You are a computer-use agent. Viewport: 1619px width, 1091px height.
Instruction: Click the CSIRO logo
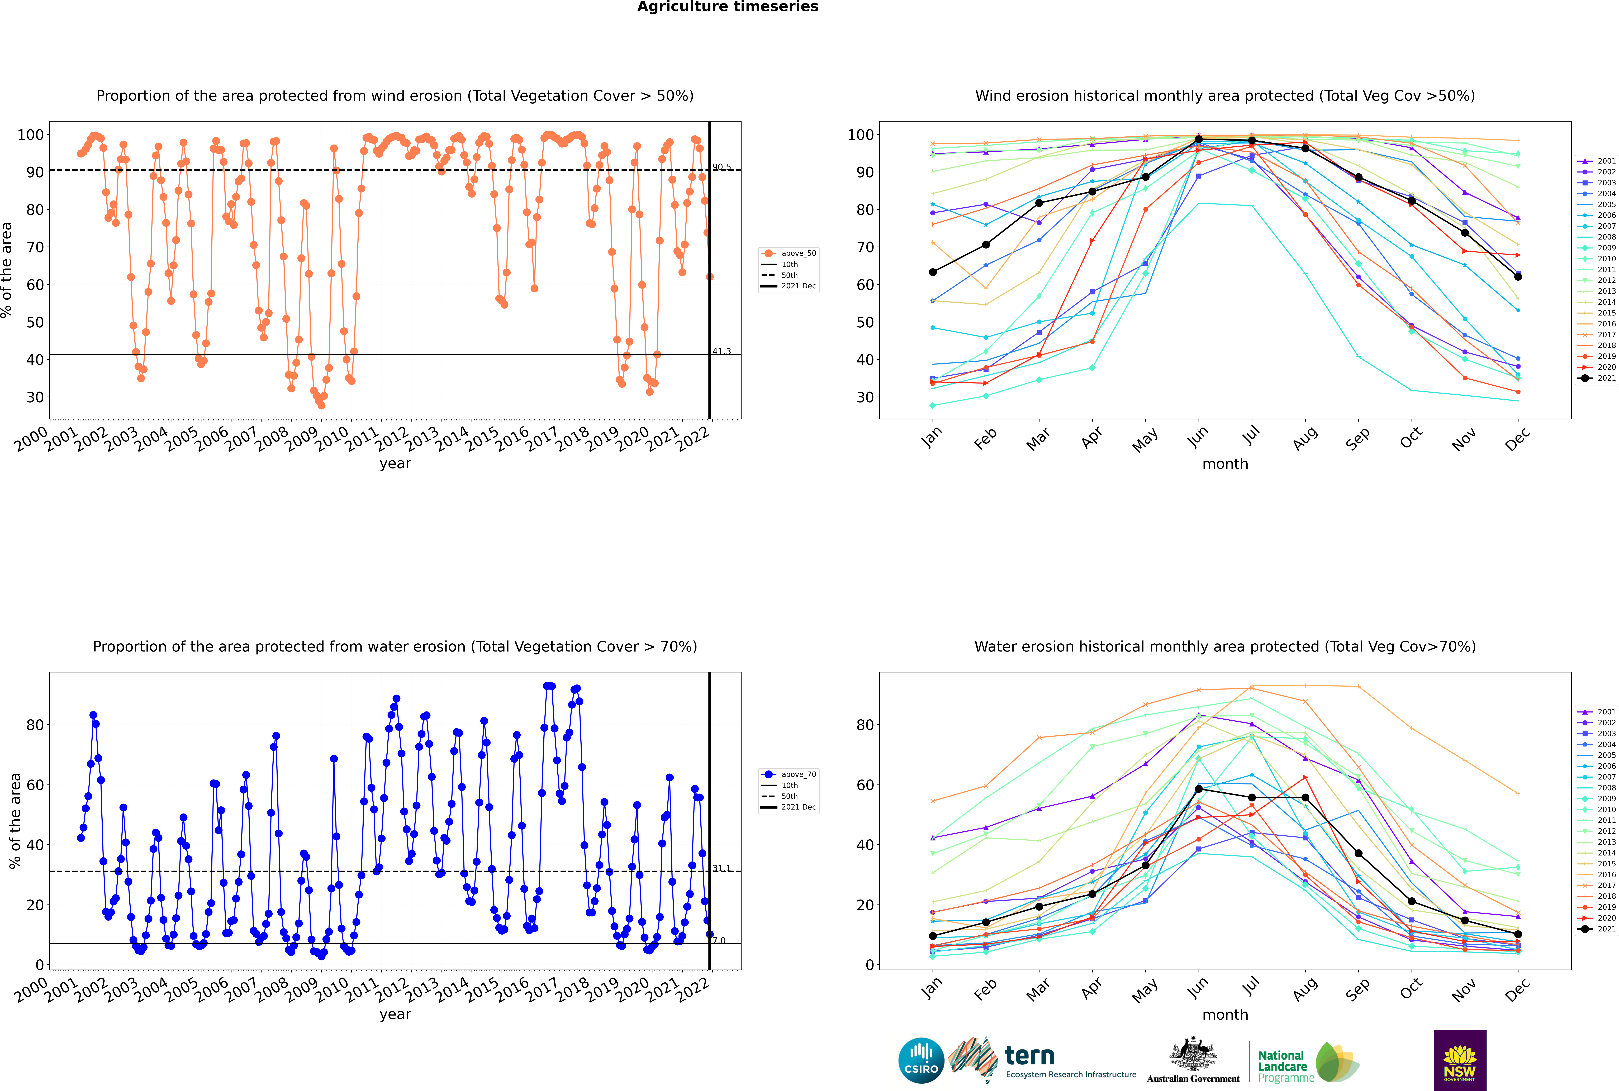click(921, 1060)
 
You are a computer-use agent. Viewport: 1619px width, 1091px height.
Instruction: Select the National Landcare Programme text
click(1282, 1066)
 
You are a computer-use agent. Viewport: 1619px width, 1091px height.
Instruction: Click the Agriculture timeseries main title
click(727, 7)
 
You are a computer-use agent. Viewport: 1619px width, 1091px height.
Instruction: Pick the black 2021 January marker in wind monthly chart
click(933, 272)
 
